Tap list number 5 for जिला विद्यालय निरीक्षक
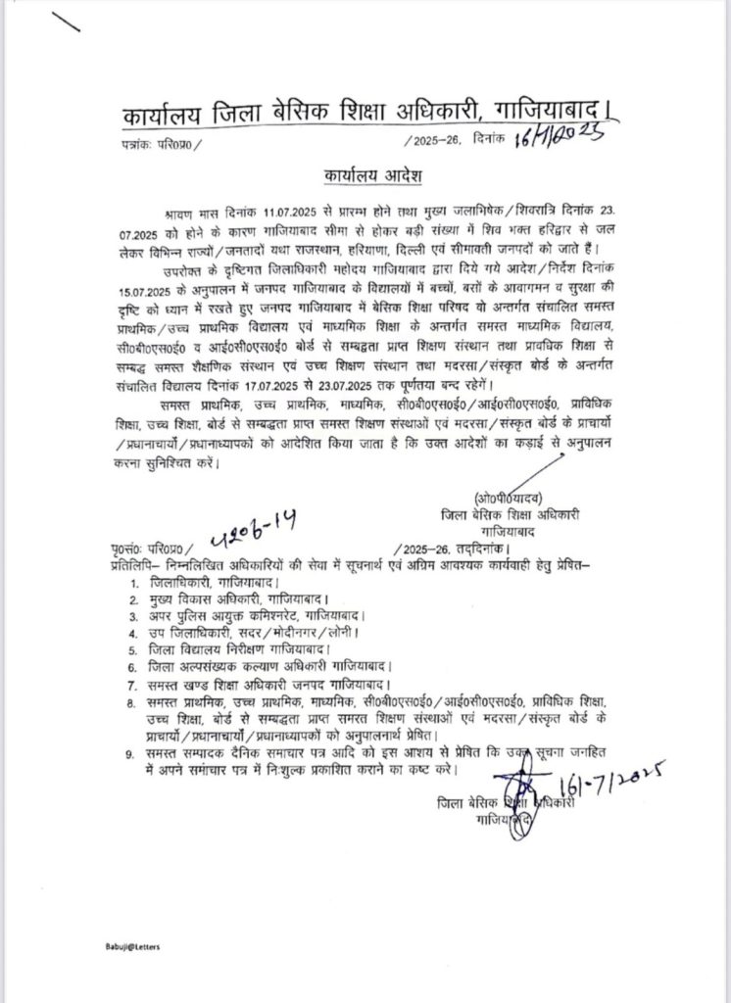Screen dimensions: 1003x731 coord(133,648)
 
